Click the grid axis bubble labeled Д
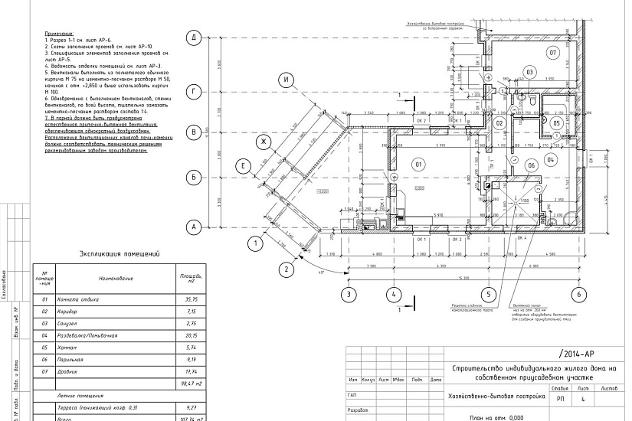pos(195,38)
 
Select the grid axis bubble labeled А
pos(195,227)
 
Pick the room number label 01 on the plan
pos(418,163)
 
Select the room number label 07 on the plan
pos(552,52)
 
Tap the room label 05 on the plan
pos(557,122)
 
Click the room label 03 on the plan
pos(528,72)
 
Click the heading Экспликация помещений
pos(118,253)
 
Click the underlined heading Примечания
pos(58,34)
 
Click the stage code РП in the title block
pos(560,399)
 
